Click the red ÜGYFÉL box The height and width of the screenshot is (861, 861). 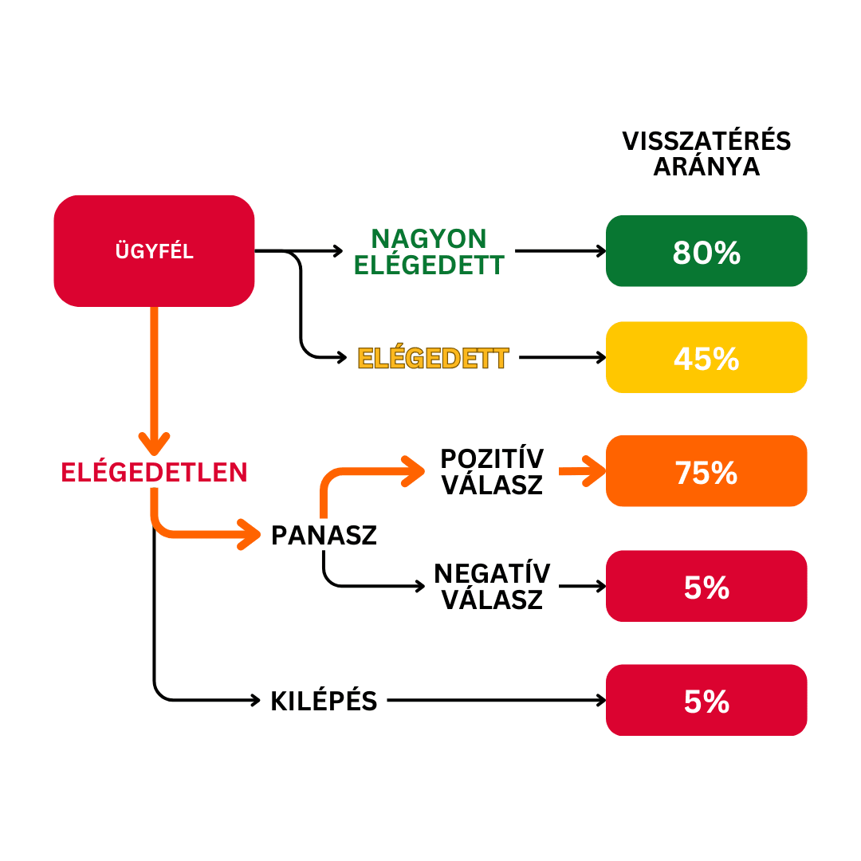click(x=154, y=251)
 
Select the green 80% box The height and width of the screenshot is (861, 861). click(x=706, y=251)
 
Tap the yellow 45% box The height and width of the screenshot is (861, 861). click(x=706, y=358)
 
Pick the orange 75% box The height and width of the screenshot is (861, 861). click(x=706, y=472)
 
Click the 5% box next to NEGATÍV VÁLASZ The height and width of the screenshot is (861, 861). click(x=706, y=587)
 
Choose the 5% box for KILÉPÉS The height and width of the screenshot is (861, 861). click(x=706, y=701)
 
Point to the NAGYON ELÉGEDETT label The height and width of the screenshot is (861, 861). click(x=429, y=251)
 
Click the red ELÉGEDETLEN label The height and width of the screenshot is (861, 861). click(x=154, y=472)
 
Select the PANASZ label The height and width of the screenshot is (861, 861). click(x=324, y=535)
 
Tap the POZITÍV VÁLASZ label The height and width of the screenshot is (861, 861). click(x=492, y=471)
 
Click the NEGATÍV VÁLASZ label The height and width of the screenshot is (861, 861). click(x=492, y=586)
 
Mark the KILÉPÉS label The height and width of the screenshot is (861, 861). click(x=324, y=701)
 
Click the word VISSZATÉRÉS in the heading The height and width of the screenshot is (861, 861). click(x=706, y=141)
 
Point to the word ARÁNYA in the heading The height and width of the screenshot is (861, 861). click(x=706, y=167)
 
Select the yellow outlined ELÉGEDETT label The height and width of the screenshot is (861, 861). click(x=433, y=358)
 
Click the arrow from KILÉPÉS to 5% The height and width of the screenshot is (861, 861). click(x=494, y=701)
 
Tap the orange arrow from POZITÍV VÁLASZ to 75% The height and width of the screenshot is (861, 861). click(x=582, y=471)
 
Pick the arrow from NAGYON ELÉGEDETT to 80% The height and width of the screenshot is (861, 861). click(x=560, y=251)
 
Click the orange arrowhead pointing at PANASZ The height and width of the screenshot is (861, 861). click(x=250, y=533)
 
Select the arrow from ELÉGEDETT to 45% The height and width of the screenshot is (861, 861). click(x=562, y=358)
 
